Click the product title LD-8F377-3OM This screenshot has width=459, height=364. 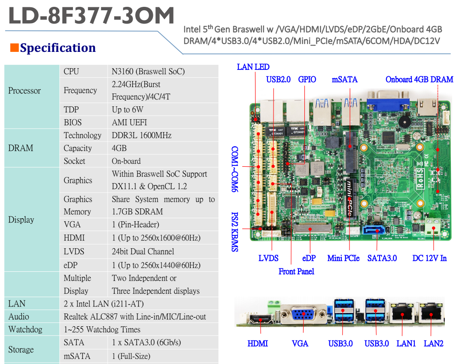pos(91,16)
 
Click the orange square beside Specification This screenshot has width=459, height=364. pos(14,48)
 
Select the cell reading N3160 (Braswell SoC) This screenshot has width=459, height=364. pos(148,72)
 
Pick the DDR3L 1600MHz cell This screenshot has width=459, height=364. pos(141,135)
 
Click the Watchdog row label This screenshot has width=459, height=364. pos(25,330)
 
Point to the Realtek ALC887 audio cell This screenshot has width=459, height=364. pos(135,317)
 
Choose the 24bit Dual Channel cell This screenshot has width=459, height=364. pos(143,252)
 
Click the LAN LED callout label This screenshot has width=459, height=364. pos(253,67)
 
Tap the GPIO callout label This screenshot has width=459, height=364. pos(307,79)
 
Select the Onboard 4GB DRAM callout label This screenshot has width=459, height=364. pos(419,79)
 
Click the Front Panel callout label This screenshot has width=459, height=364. pos(296,271)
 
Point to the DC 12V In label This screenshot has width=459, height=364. pos(429,258)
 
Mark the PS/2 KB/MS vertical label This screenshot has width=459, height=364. pos(235,232)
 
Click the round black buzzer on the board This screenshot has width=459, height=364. pos(404,121)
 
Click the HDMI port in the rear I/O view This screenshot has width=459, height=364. pos(260,320)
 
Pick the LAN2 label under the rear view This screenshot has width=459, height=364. pos(433,343)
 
